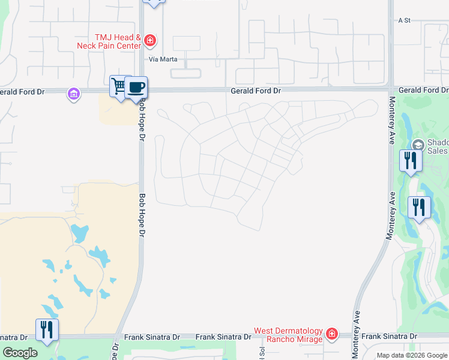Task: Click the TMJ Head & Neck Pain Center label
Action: click(109, 41)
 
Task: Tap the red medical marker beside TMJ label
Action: click(150, 41)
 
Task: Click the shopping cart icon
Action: click(119, 86)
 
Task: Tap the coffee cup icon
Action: click(136, 87)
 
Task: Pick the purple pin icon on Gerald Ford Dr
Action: click(74, 94)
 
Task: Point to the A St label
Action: click(403, 20)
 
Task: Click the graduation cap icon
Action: click(418, 144)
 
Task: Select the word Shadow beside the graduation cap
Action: click(437, 143)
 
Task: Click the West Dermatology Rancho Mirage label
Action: click(288, 334)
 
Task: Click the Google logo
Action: click(20, 353)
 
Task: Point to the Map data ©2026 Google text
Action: click(412, 355)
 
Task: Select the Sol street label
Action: click(262, 353)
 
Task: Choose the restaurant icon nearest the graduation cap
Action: click(411, 160)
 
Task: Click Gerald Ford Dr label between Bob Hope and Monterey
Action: click(256, 91)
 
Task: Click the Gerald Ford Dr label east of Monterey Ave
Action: click(423, 90)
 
